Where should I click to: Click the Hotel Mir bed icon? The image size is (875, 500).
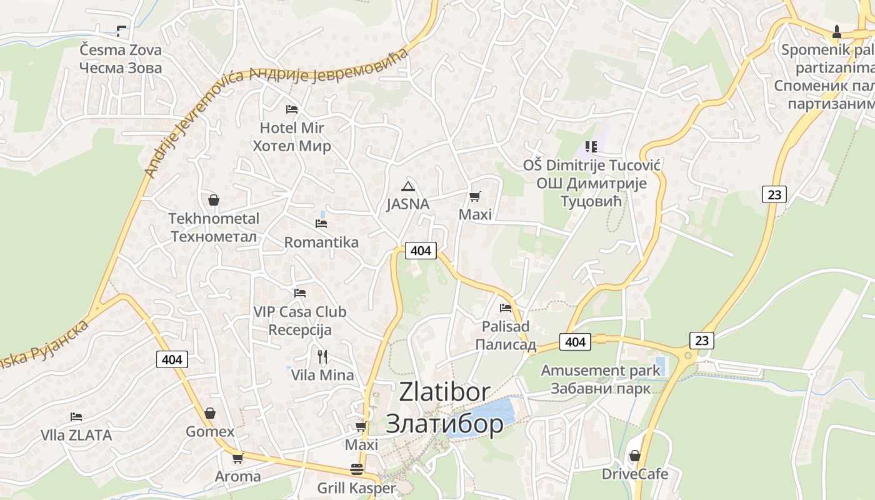(291, 109)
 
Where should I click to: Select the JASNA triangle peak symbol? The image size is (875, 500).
(408, 186)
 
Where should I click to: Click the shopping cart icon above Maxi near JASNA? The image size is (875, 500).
(475, 197)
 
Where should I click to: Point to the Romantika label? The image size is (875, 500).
(321, 242)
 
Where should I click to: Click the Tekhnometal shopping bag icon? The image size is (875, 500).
(214, 201)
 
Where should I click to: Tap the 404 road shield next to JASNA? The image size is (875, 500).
(421, 251)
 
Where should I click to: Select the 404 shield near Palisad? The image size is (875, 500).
(575, 341)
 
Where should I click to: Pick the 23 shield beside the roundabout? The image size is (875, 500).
(702, 341)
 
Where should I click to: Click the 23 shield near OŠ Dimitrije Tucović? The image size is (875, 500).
(774, 194)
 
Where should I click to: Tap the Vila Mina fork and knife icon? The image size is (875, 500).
(322, 357)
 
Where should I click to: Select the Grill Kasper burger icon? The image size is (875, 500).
(357, 469)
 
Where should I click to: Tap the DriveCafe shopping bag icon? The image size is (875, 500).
(635, 456)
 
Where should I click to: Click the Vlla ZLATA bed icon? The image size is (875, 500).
(76, 416)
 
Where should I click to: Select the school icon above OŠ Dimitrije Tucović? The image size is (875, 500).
(591, 147)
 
